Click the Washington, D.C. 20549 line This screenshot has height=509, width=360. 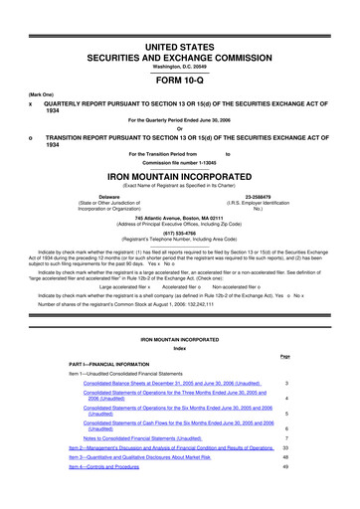[179, 51]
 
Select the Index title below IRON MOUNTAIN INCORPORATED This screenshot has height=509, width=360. [179, 347]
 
